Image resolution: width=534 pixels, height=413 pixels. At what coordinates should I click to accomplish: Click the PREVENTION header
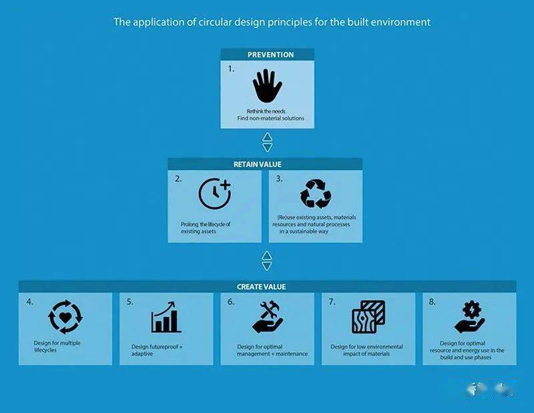click(270, 55)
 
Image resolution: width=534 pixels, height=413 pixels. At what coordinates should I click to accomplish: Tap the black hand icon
click(268, 86)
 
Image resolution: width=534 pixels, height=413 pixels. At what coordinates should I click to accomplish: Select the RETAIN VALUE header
click(258, 164)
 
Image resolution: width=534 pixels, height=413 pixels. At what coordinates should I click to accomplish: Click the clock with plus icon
click(215, 193)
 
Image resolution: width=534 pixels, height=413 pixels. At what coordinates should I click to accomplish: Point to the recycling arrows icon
click(316, 193)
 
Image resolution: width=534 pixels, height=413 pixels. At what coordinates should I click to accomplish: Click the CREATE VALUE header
click(261, 287)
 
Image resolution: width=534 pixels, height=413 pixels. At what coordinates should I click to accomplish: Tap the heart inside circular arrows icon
click(65, 317)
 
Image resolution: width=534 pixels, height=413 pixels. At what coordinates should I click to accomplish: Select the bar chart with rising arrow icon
click(166, 317)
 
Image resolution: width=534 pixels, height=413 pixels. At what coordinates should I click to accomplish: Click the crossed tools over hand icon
click(268, 318)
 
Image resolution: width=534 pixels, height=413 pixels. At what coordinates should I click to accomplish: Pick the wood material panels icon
click(368, 317)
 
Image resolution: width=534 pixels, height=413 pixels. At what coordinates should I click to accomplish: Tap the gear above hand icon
click(469, 318)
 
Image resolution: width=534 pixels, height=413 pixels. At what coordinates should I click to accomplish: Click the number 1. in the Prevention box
click(231, 69)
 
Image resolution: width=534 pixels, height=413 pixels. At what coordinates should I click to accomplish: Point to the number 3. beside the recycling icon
click(279, 179)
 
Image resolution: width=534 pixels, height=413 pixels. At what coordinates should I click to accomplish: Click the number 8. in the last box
click(432, 302)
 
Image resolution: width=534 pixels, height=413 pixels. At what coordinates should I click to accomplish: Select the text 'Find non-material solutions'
click(271, 119)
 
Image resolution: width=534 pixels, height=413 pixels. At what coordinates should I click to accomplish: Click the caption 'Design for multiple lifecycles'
click(57, 346)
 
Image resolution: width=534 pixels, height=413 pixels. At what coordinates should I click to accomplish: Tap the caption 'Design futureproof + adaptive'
click(157, 350)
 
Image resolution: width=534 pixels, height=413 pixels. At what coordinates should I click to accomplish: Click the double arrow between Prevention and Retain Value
click(268, 142)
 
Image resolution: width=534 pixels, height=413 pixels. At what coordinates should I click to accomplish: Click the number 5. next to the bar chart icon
click(130, 302)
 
